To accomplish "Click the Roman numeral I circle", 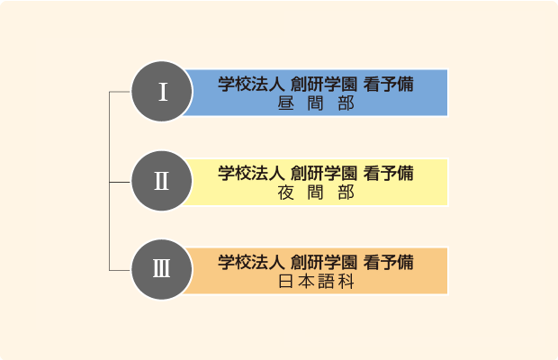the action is point(162,92).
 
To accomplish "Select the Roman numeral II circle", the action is point(162,181).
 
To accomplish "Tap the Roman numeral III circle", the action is point(162,269).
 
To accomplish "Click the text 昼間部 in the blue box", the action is point(316,103).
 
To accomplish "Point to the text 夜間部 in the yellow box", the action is point(316,193).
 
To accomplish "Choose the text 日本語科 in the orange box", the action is point(316,282).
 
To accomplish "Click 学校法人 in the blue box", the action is point(251,85).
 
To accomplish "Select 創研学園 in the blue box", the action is point(323,85).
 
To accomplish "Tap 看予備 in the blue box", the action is point(388,85).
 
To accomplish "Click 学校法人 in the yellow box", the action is point(251,173).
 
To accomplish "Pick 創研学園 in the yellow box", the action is point(323,173).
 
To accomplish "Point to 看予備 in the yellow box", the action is point(388,173).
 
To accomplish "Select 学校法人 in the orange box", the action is point(251,262).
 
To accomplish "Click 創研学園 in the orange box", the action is point(323,262).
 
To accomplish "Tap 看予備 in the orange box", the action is point(388,262).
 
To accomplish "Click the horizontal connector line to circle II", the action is point(121,182).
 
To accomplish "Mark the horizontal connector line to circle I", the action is point(121,92).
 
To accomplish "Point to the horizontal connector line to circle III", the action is point(121,270).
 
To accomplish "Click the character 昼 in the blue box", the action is point(286,103).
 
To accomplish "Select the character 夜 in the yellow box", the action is point(286,193).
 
